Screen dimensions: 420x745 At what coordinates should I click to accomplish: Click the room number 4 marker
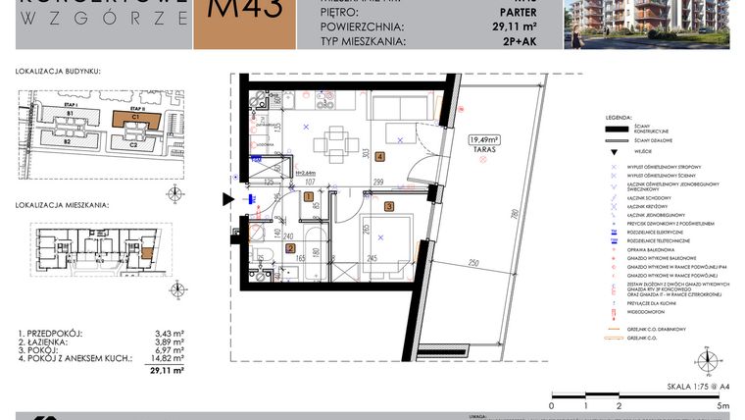click(x=379, y=156)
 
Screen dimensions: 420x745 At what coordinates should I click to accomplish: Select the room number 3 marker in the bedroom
click(x=389, y=206)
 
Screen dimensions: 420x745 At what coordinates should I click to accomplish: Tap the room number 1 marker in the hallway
click(x=309, y=197)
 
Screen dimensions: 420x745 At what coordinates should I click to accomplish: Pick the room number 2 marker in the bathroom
click(x=290, y=248)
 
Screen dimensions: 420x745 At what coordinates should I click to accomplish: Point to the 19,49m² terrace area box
click(x=483, y=140)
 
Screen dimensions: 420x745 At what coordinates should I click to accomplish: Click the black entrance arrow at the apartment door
click(x=228, y=200)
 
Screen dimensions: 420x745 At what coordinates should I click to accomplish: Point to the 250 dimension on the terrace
click(x=472, y=264)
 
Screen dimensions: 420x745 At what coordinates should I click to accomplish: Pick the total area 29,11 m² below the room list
click(x=167, y=372)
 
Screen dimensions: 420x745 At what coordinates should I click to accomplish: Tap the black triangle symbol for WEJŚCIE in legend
click(x=615, y=152)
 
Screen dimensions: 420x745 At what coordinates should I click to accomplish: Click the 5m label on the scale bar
click(x=723, y=405)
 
